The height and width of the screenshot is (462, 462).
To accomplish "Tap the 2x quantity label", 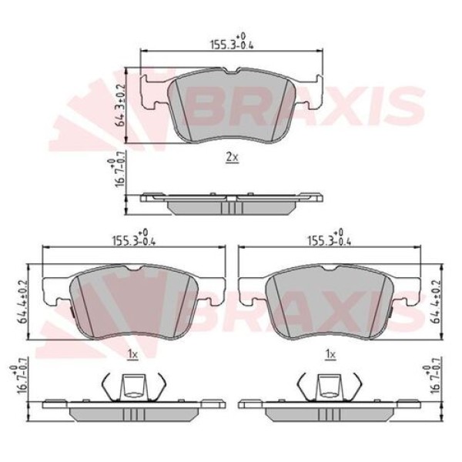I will (232, 157).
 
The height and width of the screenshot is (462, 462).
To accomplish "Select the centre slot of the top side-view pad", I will (232, 207).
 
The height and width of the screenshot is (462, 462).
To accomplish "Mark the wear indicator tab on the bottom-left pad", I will (69, 313).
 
